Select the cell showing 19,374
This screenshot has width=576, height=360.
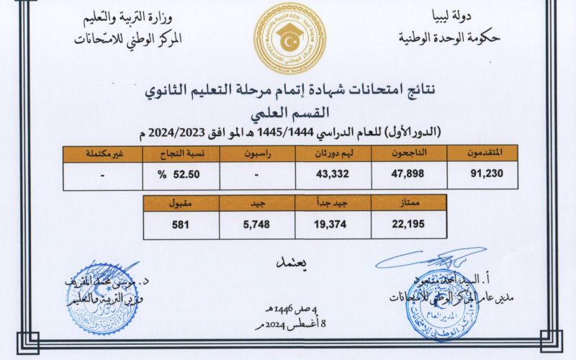(331, 225)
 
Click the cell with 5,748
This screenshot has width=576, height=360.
(256, 225)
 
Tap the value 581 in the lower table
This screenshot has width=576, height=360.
(180, 225)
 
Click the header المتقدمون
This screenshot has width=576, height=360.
(479, 153)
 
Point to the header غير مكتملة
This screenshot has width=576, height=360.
(103, 153)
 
